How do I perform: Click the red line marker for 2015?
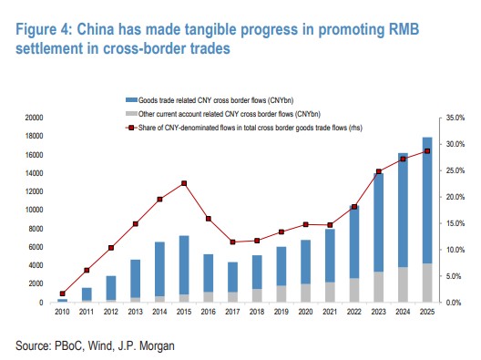tap(184, 183)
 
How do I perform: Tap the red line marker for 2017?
tap(233, 242)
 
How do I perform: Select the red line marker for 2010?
tap(63, 293)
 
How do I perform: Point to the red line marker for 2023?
tap(379, 171)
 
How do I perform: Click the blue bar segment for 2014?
tap(159, 269)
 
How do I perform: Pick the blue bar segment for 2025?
tap(427, 201)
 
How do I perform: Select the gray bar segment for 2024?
tap(403, 284)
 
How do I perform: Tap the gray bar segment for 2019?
tap(281, 294)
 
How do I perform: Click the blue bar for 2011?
tap(87, 294)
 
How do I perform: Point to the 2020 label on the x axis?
tap(305, 312)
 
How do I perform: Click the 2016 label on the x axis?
tap(209, 312)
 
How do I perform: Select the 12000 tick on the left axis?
tap(34, 191)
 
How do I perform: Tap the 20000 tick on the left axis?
tap(34, 118)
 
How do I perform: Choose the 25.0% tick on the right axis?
tap(455, 170)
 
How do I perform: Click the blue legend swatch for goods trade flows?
tap(131, 100)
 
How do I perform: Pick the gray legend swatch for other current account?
tap(131, 114)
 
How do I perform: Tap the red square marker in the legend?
tap(131, 128)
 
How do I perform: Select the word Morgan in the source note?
tap(157, 346)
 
